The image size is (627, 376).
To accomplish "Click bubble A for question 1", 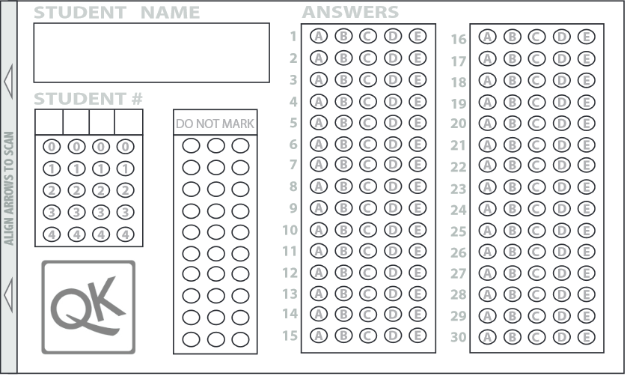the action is [319, 36].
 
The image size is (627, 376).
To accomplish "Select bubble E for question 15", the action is [418, 336].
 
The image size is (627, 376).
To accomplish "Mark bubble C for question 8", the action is [367, 186].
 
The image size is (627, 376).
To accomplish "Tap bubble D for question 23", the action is [561, 189].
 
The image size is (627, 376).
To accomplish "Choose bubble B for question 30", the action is [513, 338].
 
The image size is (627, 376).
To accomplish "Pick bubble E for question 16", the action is [586, 37].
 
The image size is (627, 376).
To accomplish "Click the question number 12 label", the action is [290, 273].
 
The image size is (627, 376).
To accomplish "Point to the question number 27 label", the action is [459, 274].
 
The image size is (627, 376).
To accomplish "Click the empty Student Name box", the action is [151, 52].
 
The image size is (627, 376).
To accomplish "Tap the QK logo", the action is [88, 307].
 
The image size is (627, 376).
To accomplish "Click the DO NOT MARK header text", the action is [215, 124].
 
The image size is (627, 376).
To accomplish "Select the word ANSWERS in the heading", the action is [350, 12].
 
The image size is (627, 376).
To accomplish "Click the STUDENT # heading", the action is [88, 99].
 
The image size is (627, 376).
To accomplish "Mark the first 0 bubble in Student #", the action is [51, 148].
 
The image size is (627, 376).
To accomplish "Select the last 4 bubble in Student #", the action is [125, 234].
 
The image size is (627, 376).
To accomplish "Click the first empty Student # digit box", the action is [49, 122].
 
